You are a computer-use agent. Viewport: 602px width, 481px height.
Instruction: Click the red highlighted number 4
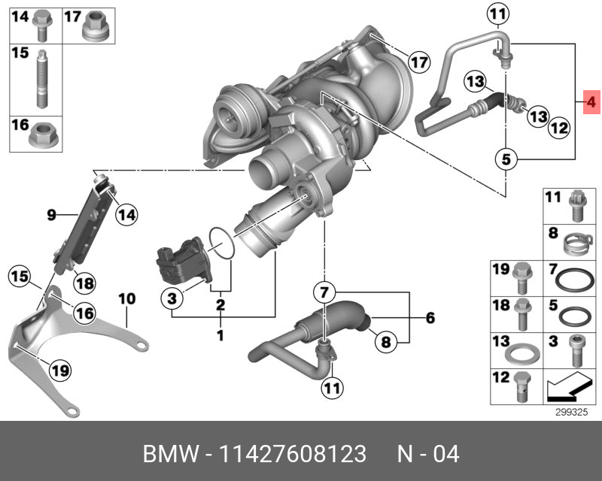click(591, 101)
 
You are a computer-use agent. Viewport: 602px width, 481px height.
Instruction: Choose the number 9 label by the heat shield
click(51, 216)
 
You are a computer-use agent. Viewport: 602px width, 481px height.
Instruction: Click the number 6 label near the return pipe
click(430, 319)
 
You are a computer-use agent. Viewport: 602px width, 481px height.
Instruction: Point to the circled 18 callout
click(84, 283)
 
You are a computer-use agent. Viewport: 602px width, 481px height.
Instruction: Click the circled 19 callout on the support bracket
click(60, 369)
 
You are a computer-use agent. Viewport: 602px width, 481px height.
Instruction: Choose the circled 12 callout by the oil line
click(558, 129)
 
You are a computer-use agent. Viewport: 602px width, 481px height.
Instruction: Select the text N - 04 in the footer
click(428, 455)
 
